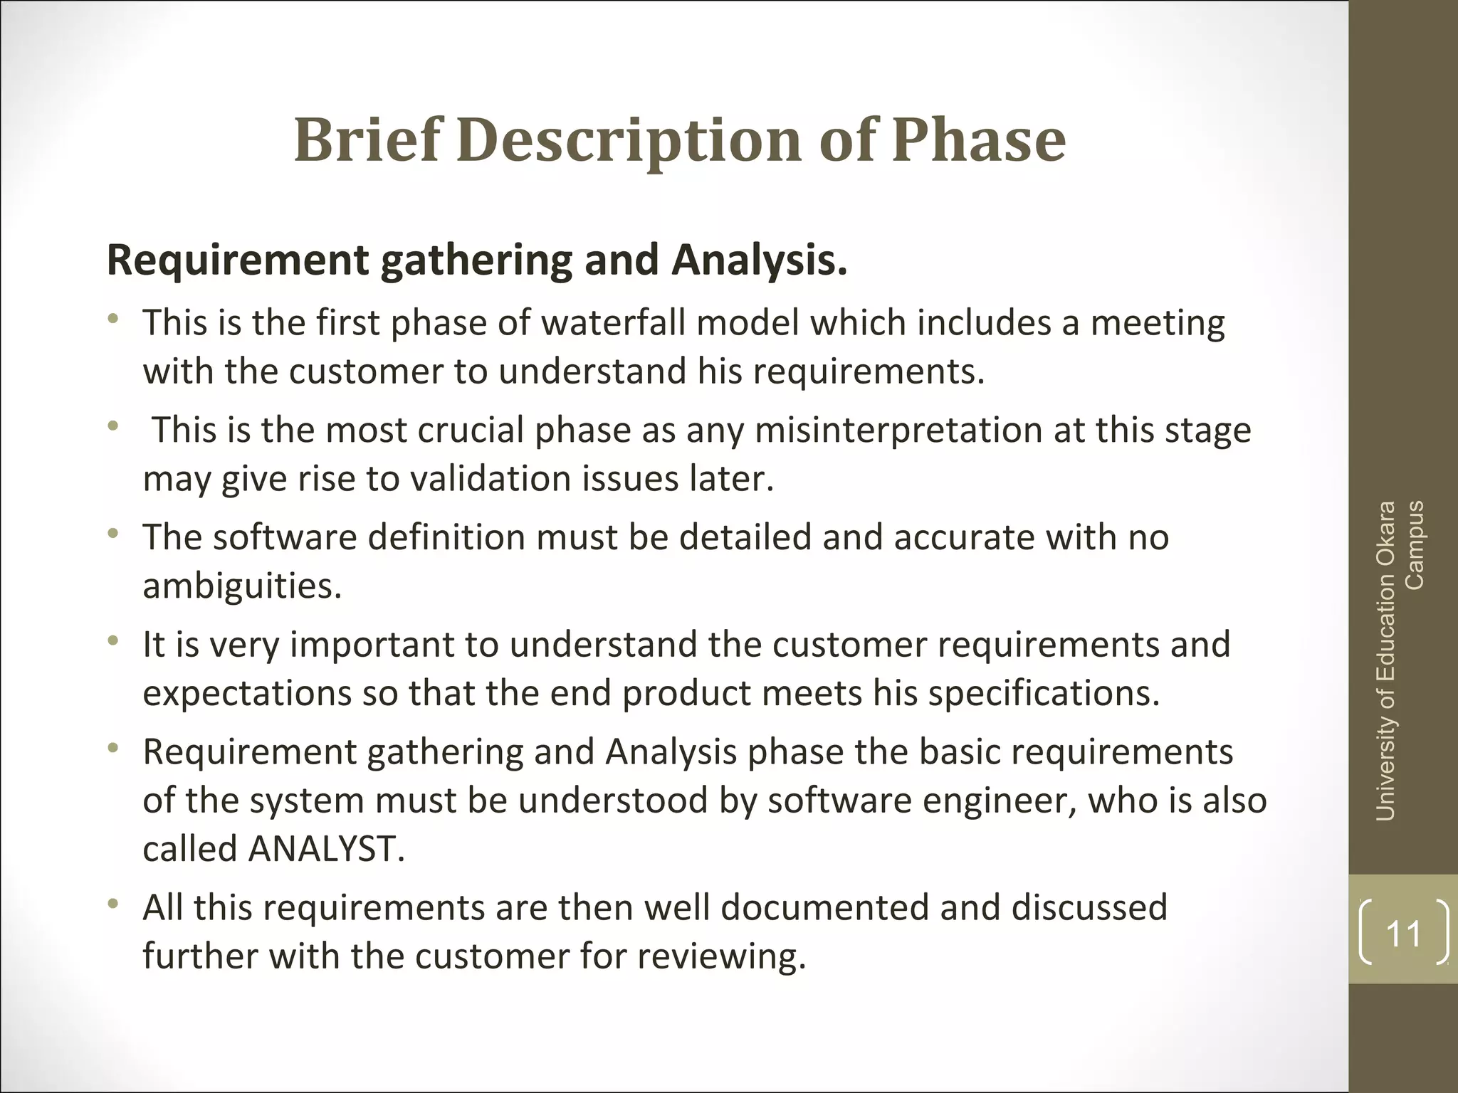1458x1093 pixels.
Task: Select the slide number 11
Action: [x=1403, y=933]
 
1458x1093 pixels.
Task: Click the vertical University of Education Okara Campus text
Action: [x=1399, y=660]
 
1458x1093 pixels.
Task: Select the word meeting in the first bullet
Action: [x=1158, y=322]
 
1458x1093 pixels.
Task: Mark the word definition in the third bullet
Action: [x=446, y=537]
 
